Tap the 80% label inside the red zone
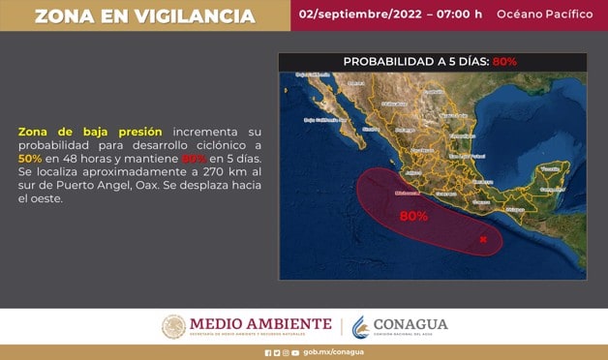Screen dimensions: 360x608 [413, 216]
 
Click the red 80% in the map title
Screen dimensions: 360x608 [504, 61]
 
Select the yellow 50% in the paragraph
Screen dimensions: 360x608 [30, 158]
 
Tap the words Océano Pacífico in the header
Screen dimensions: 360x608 [544, 15]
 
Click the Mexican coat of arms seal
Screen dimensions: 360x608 [173, 326]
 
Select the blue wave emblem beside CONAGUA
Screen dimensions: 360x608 [359, 326]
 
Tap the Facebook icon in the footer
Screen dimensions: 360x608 [268, 353]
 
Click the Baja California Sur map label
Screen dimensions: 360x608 [325, 120]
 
